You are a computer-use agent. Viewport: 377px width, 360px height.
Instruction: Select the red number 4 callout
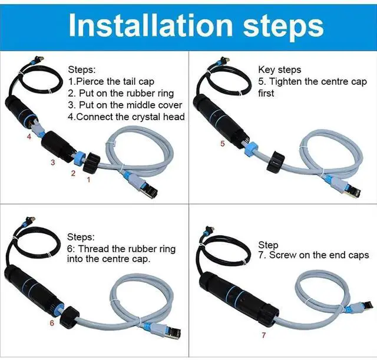[x=28, y=137]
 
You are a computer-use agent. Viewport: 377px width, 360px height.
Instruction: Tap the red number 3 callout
[x=52, y=162]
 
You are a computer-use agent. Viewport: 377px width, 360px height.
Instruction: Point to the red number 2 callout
[x=73, y=173]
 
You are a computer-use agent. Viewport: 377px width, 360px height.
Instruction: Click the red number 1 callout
[x=89, y=180]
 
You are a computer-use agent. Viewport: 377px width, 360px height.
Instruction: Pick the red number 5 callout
[x=222, y=143]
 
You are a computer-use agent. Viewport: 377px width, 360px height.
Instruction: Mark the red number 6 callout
[x=52, y=323]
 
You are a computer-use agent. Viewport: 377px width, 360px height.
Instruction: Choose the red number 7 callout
[x=263, y=336]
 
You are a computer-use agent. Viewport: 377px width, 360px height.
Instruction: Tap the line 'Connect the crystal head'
[x=127, y=117]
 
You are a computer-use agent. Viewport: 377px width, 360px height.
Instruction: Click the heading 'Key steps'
[x=279, y=70]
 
